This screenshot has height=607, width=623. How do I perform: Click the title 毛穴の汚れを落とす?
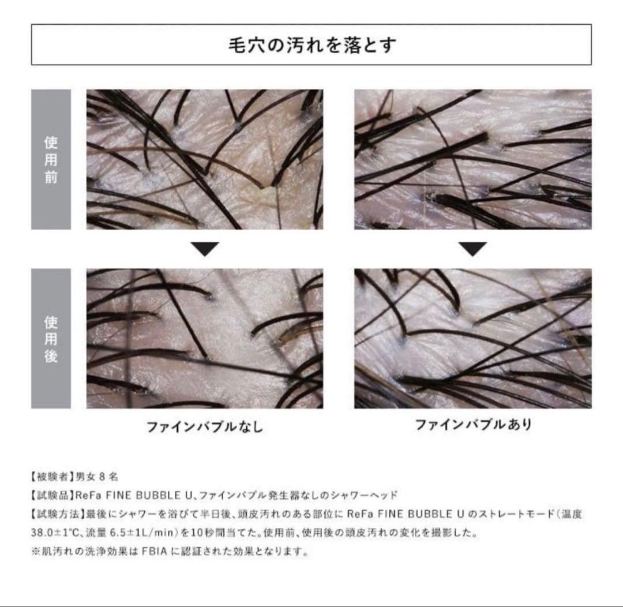pos(311,45)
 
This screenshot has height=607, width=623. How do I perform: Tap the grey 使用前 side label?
pos(51,159)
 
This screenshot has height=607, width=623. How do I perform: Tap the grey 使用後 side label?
pos(51,338)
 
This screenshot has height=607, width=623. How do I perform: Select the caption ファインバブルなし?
pos(204,426)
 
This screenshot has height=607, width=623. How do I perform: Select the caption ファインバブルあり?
pos(472,425)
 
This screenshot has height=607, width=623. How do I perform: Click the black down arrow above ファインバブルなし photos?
pos(205,249)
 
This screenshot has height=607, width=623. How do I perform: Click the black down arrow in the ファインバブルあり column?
pos(472,249)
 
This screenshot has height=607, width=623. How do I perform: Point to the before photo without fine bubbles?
pos(205,159)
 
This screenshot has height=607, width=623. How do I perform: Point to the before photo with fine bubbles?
pos(472,159)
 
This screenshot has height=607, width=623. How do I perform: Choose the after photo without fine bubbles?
pos(205,338)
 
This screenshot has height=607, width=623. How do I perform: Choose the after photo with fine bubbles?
pos(472,338)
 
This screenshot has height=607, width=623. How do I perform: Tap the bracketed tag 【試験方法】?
pos(54,514)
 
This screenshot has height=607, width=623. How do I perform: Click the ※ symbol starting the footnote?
pos(36,550)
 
